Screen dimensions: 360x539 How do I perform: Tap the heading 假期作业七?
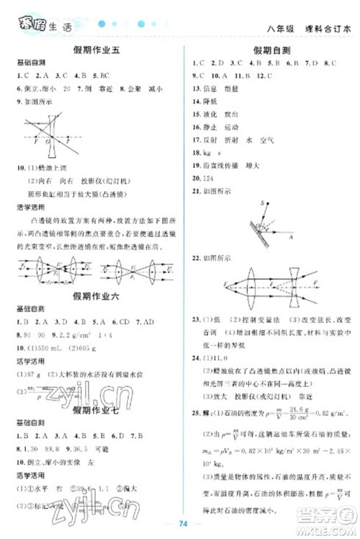[x=92, y=411]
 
